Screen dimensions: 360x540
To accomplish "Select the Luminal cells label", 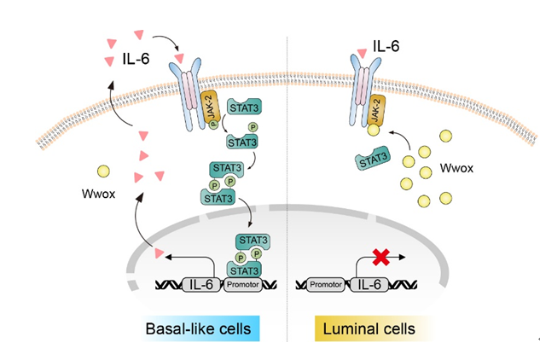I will (375, 328).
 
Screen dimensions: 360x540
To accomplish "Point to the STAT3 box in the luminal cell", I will (373, 159).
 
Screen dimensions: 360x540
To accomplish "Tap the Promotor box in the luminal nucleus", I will (325, 282).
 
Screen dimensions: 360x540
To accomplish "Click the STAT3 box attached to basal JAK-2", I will (244, 109).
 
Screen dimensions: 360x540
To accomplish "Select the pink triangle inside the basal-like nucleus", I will (157, 253).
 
